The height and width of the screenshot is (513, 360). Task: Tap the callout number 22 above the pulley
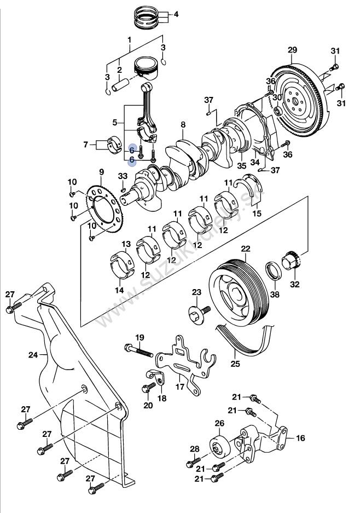click(x=246, y=249)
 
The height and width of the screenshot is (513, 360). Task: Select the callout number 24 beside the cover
click(x=34, y=355)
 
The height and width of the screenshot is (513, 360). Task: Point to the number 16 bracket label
click(x=300, y=438)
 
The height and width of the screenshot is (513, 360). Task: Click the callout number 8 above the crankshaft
click(x=183, y=125)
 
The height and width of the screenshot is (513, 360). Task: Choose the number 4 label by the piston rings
click(x=176, y=15)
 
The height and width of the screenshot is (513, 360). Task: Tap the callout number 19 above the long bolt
click(x=140, y=337)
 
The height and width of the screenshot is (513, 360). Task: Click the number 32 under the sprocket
click(x=295, y=284)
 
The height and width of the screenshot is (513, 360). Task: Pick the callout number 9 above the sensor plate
click(x=102, y=172)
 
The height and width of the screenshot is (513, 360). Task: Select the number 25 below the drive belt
click(x=235, y=364)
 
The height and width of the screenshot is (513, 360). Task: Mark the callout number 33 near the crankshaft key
click(x=123, y=176)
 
